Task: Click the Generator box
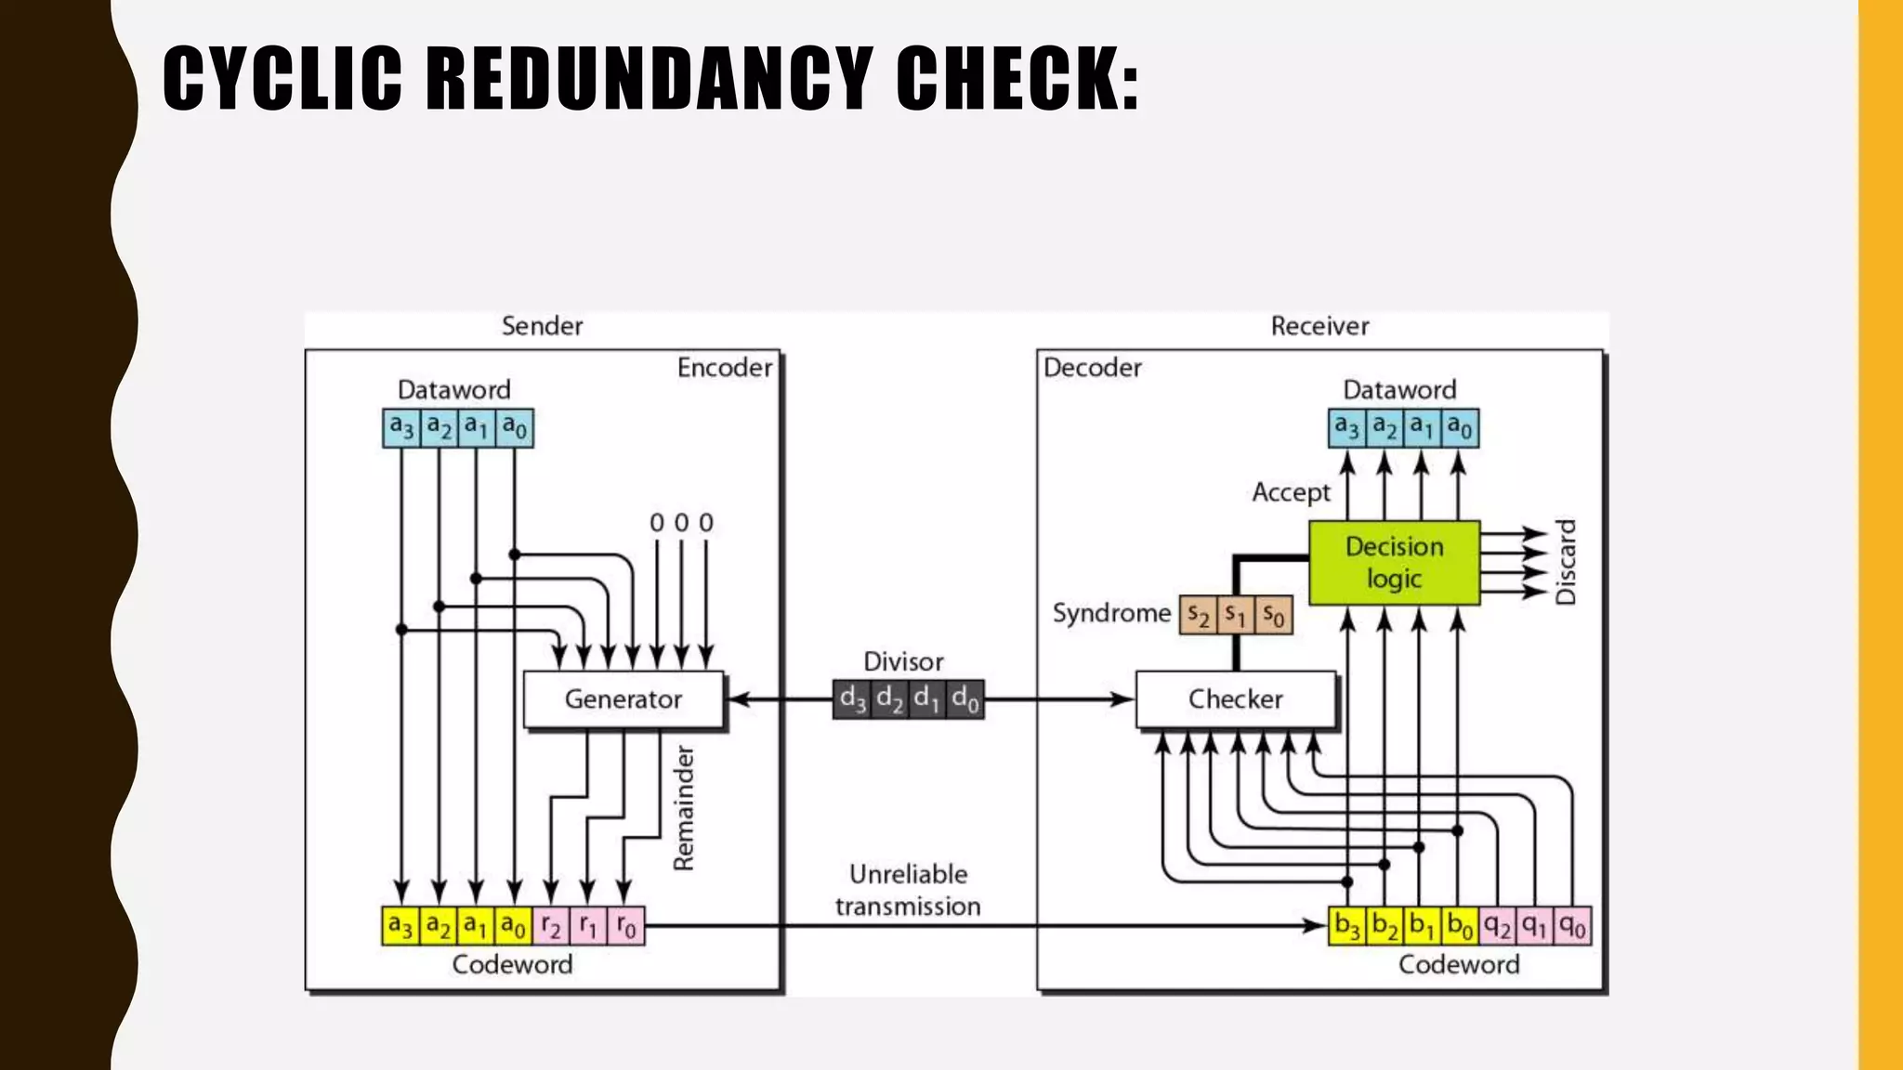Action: coord(623,699)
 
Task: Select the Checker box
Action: coord(1235,699)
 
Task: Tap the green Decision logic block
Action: coord(1394,563)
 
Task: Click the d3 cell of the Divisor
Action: coord(852,699)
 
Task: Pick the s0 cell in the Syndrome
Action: coord(1274,615)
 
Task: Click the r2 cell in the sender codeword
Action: coord(550,926)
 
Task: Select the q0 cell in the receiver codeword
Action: coord(1572,926)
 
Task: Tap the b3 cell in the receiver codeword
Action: coord(1347,926)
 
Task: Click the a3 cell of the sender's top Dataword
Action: coord(401,428)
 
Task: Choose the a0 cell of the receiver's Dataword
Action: coord(1460,428)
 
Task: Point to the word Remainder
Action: coord(684,808)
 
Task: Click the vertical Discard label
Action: coord(1567,562)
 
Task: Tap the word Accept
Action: coord(1291,492)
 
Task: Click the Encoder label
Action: coord(725,368)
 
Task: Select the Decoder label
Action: coord(1092,368)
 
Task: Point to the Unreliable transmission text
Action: coord(908,890)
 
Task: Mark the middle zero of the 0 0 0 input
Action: coord(681,523)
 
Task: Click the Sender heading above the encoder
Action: coord(542,326)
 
